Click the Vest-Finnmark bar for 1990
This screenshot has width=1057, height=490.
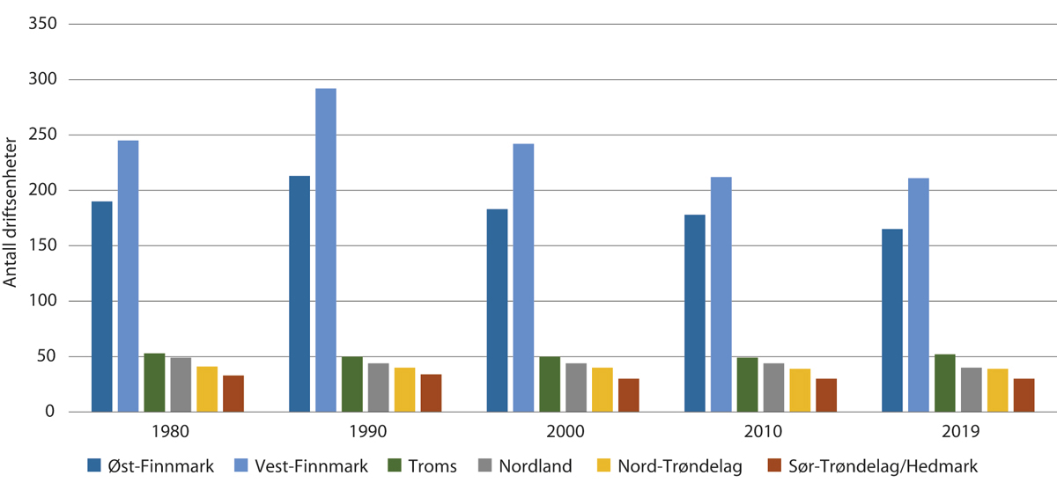click(x=326, y=250)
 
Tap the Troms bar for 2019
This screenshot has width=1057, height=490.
click(x=945, y=383)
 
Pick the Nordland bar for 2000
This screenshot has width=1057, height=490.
click(x=576, y=387)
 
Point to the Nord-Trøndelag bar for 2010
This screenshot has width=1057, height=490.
click(x=800, y=390)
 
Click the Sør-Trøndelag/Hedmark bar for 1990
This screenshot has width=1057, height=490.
click(x=431, y=392)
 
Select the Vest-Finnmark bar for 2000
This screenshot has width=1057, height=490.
click(x=523, y=277)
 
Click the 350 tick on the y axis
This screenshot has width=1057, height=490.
click(x=42, y=24)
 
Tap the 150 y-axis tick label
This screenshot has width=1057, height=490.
click(x=42, y=245)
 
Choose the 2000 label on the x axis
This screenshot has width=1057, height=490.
click(x=563, y=434)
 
